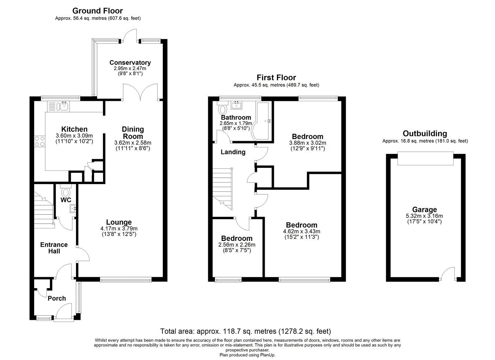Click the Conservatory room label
130,63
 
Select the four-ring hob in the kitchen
40,142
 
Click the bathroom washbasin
236,105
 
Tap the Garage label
424,209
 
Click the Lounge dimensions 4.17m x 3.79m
119,228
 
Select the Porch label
57,298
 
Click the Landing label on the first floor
233,152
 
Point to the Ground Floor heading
98,11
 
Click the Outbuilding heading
425,133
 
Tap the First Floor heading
276,78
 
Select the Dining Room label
133,133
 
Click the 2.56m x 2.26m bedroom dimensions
236,245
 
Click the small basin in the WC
73,208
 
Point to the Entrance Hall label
54,248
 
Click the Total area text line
245,331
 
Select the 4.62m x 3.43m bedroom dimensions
302,231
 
